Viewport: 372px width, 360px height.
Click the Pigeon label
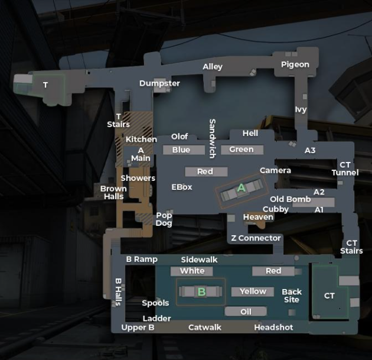[295, 64]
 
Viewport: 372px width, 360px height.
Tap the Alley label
[213, 67]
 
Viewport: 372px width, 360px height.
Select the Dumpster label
[159, 83]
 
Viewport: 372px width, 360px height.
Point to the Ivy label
[301, 109]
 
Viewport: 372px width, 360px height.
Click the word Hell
[250, 133]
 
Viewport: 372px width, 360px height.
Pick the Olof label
[180, 137]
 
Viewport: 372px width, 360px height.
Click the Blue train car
[184, 150]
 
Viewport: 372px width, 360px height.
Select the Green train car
[242, 150]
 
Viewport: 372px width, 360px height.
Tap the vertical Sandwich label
[213, 139]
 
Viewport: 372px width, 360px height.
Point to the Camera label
[275, 170]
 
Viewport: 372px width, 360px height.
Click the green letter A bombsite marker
[242, 188]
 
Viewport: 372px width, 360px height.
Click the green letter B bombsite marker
[201, 292]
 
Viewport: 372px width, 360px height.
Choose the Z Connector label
[256, 238]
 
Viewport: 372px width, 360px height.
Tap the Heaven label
[258, 217]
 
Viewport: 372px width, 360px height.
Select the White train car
[192, 271]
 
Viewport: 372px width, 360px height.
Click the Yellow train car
[253, 291]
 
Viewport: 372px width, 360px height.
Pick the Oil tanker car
[246, 312]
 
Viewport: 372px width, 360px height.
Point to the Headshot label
[273, 327]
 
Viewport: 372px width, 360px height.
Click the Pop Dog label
[164, 219]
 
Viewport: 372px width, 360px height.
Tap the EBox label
[182, 187]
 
